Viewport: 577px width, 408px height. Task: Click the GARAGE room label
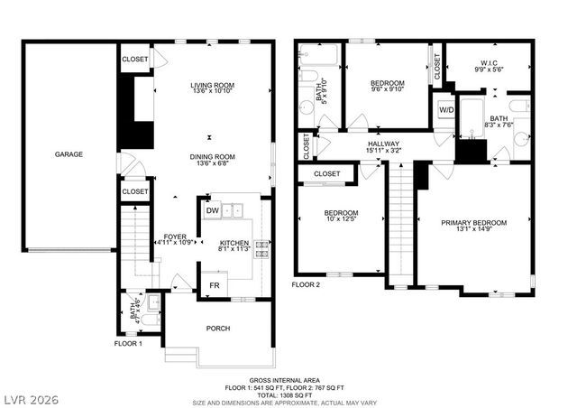pos(69,154)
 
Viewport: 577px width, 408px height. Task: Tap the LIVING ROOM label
pos(212,86)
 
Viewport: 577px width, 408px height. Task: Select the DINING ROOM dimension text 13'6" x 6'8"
pos(212,165)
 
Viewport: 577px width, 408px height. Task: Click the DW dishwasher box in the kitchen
pos(212,210)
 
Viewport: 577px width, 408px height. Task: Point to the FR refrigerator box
pos(215,285)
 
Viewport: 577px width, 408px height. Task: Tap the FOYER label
pos(175,236)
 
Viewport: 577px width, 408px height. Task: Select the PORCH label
pos(218,328)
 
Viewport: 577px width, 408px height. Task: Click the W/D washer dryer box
pos(445,110)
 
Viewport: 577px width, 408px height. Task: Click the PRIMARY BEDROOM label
pos(473,222)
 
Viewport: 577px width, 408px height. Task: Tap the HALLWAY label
pos(383,144)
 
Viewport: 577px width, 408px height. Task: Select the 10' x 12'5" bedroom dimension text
pos(341,219)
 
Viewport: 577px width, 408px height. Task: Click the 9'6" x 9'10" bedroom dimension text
pos(388,89)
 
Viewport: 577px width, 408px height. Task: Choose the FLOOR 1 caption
pos(127,344)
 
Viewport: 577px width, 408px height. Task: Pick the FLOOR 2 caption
pos(306,283)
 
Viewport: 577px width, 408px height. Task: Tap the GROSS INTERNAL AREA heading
pos(288,381)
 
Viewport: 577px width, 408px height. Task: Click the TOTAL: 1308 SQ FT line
pos(288,394)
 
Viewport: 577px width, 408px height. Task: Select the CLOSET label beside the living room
pos(135,59)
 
